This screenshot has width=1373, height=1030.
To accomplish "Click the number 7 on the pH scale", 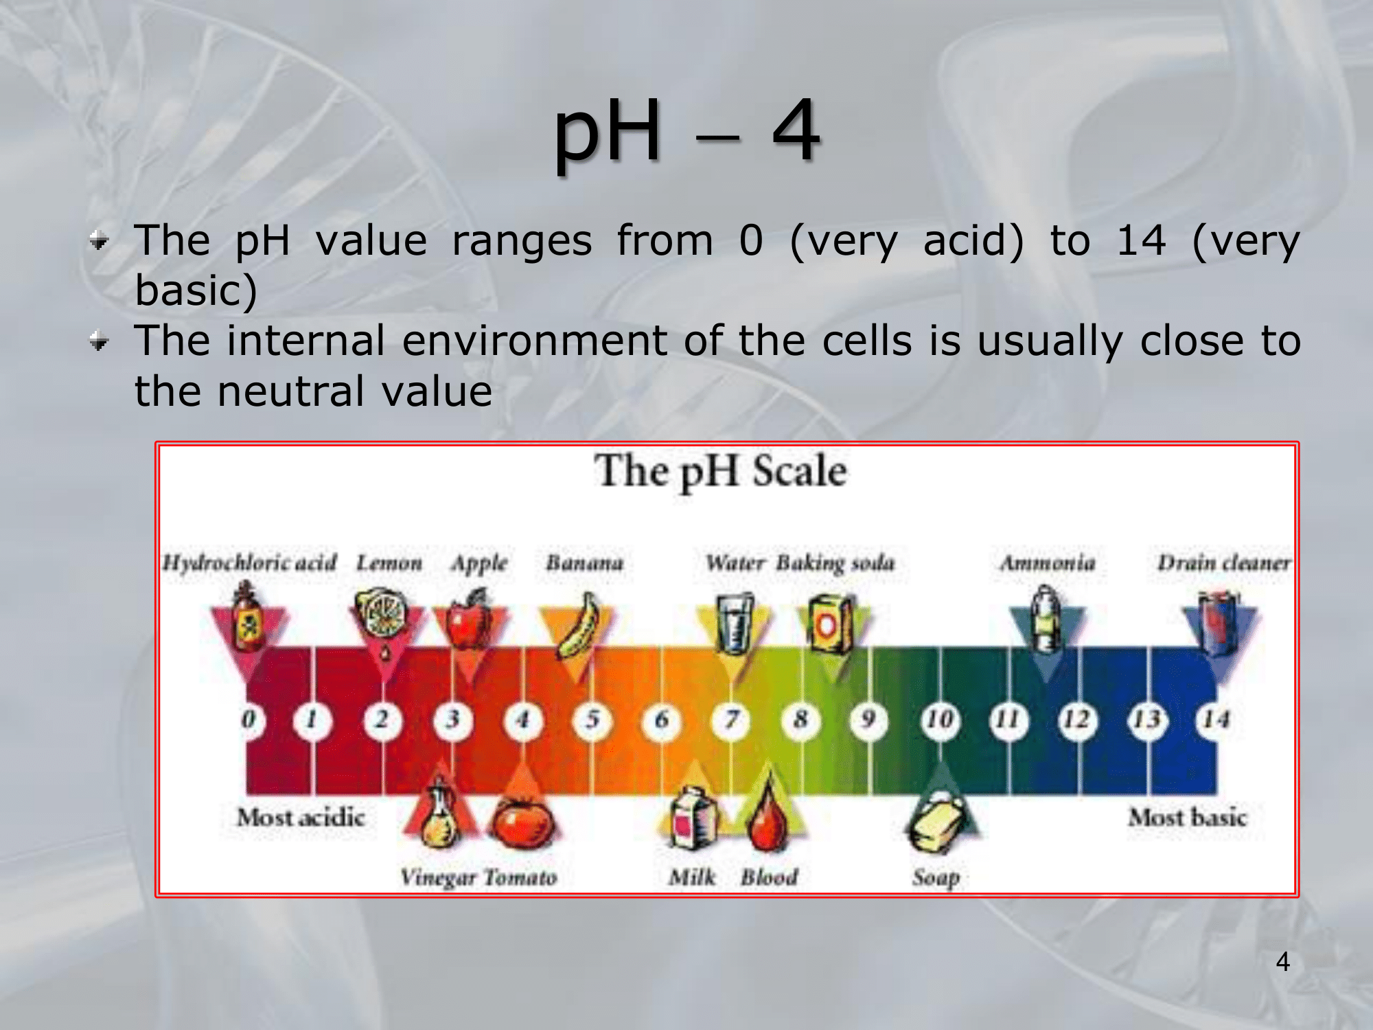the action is (x=732, y=720).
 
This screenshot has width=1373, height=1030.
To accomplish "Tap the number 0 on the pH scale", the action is (x=248, y=720).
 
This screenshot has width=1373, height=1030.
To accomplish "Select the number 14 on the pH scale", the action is (x=1216, y=720).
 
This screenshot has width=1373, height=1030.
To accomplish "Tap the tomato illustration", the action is (x=523, y=822).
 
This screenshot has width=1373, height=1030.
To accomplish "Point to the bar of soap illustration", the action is (x=936, y=821).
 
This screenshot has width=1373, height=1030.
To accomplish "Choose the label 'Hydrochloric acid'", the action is (x=249, y=562).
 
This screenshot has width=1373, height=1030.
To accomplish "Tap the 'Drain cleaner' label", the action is (x=1223, y=562).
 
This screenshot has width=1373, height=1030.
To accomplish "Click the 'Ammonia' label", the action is (x=1047, y=563).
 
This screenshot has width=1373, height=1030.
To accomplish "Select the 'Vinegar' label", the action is (x=438, y=878).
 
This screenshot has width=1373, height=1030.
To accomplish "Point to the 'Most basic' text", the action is (x=1188, y=817).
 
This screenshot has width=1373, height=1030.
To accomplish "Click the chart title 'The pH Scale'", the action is (x=721, y=472).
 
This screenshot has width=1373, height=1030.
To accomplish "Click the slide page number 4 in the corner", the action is (x=1282, y=961).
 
